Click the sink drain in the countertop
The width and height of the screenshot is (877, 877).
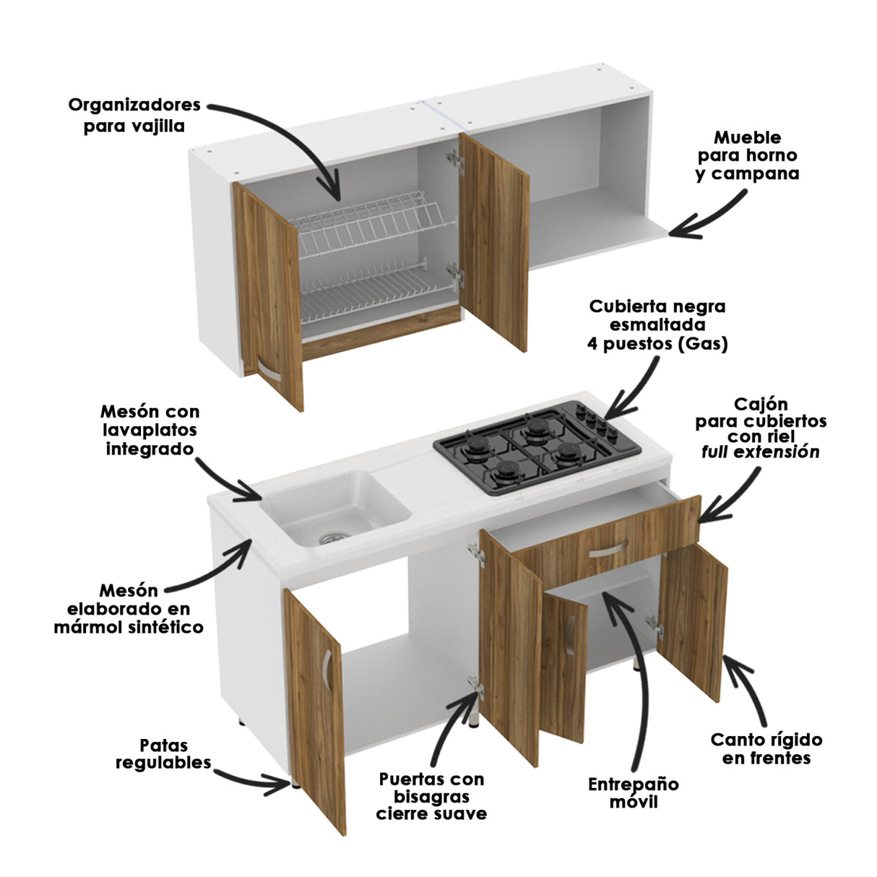(333, 537)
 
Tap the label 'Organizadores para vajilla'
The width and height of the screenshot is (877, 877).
(134, 116)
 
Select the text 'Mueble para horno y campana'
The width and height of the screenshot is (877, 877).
(747, 155)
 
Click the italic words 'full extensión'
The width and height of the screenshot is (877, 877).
(761, 453)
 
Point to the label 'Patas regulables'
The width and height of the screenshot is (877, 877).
(163, 753)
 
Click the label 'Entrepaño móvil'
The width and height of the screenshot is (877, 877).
(633, 792)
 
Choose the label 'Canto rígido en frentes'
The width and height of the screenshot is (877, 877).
(766, 748)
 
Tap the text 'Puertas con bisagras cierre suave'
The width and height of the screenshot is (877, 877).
(431, 796)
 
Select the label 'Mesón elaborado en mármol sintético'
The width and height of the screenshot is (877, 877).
(129, 609)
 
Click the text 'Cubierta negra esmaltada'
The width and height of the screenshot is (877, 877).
(657, 315)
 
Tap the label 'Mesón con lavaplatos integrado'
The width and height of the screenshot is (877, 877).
(150, 430)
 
